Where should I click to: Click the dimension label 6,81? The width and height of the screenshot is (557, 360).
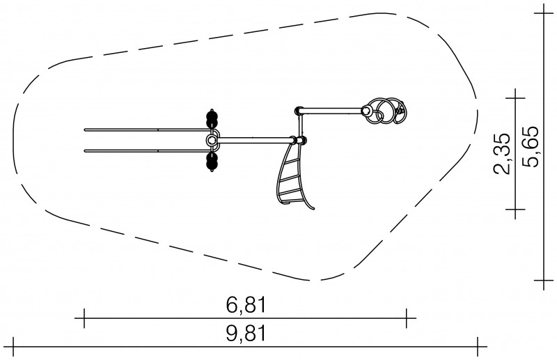pyautogui.click(x=246, y=305)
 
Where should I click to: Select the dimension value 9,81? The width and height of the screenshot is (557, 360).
pyautogui.click(x=246, y=334)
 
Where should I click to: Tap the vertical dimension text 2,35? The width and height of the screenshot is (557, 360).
pyautogui.click(x=502, y=153)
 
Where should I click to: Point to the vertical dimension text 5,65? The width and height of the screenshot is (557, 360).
pyautogui.click(x=531, y=146)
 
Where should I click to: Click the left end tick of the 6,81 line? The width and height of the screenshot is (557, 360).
pyautogui.click(x=84, y=318)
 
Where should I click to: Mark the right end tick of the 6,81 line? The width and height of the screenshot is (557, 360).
pyautogui.click(x=407, y=318)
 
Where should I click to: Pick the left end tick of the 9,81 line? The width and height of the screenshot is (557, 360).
pyautogui.click(x=13, y=347)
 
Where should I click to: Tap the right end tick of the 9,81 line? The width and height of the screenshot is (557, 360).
pyautogui.click(x=478, y=347)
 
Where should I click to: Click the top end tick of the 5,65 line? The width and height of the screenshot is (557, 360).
pyautogui.click(x=544, y=13)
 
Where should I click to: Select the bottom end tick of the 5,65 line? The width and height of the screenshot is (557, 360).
pyautogui.click(x=544, y=281)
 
